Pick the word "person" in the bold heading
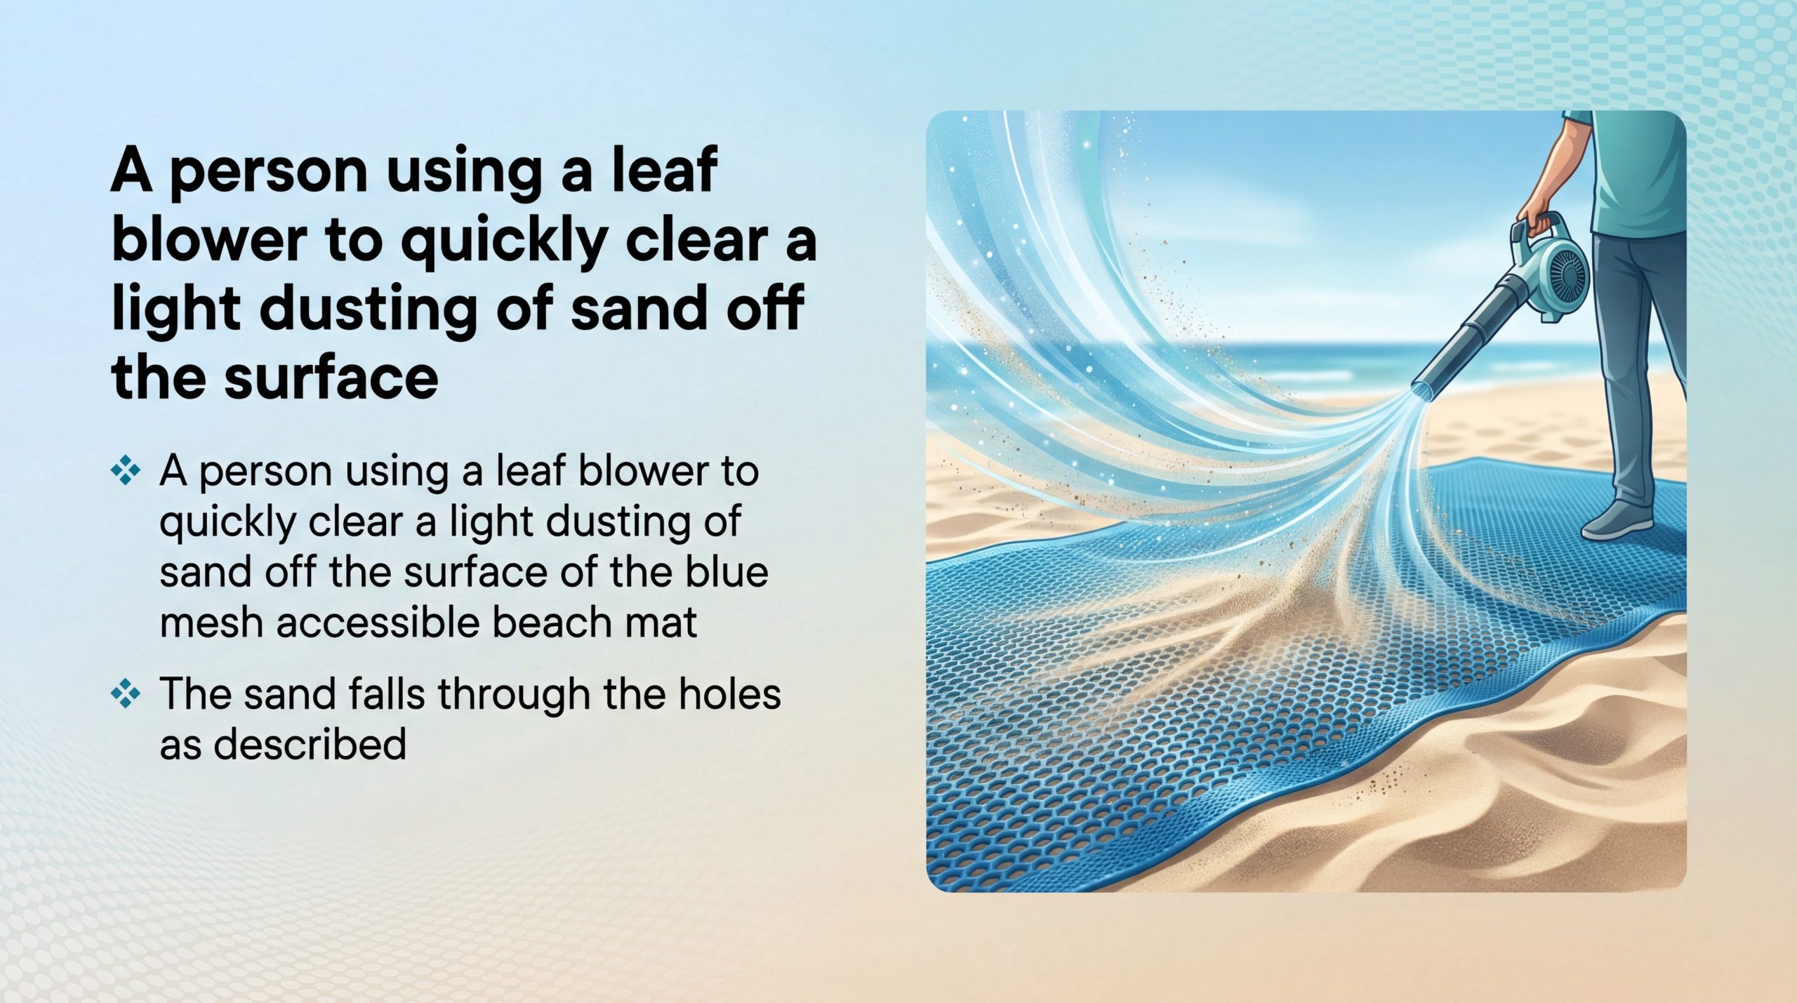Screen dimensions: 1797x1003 tap(270, 173)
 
